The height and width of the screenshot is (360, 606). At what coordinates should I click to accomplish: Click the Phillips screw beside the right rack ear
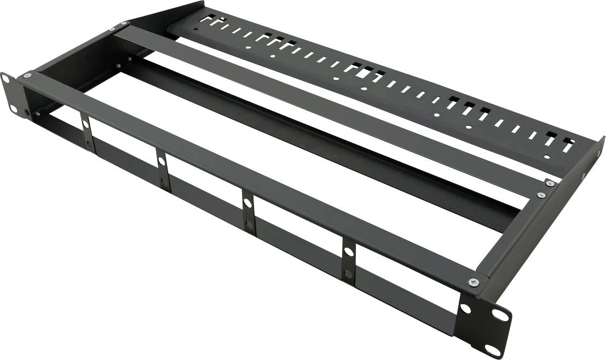pos(474,282)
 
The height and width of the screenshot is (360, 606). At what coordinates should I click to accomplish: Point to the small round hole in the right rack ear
pos(465,309)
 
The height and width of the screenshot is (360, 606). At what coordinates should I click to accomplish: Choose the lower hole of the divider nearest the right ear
pos(347,272)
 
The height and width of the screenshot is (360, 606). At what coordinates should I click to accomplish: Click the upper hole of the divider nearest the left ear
pos(86,124)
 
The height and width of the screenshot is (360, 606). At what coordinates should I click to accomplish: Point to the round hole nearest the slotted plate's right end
pos(547,158)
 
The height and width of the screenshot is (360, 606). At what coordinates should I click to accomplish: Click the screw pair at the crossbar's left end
pos(117,26)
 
